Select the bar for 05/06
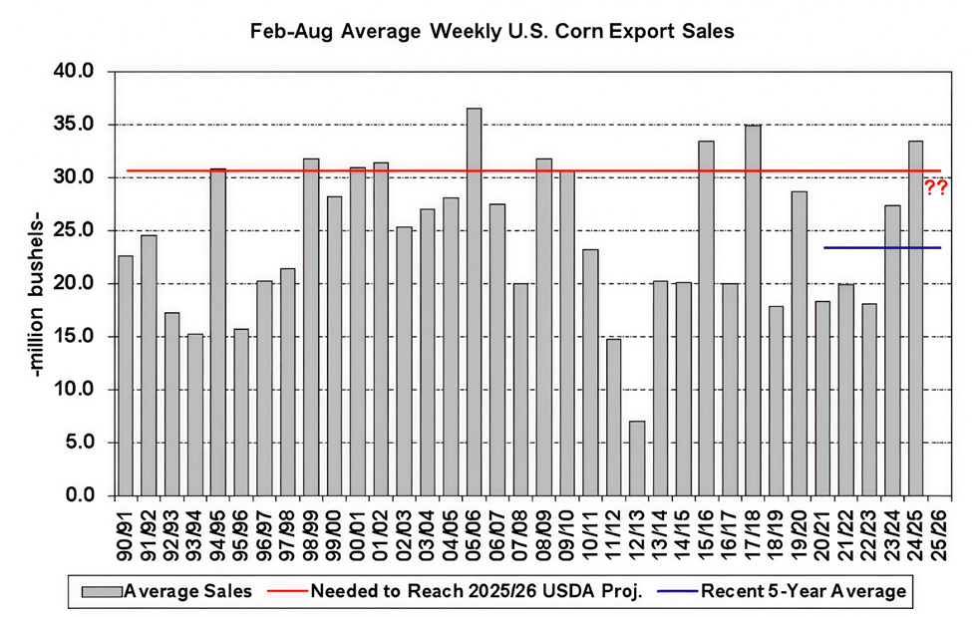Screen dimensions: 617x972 point(474,299)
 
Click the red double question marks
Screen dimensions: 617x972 point(936,187)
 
